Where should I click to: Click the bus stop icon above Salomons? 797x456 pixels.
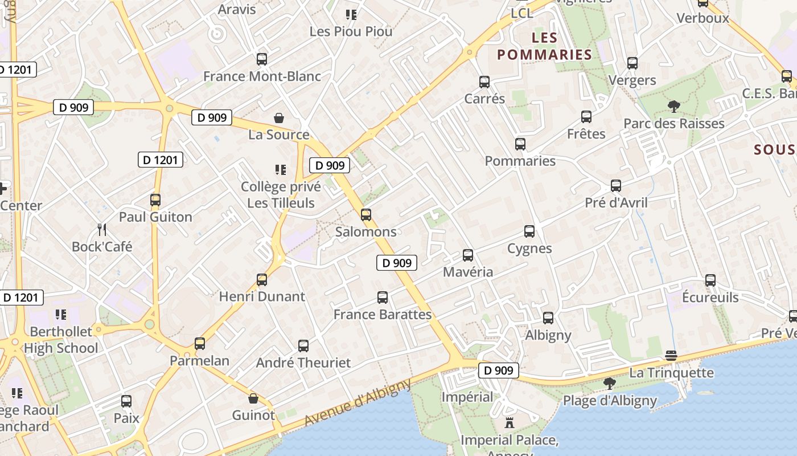point(366,215)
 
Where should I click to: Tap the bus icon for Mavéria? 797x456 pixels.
point(468,255)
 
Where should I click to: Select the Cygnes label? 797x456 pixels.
point(529,249)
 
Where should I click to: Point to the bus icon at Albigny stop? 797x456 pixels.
point(548,318)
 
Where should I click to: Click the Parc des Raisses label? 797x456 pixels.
point(674,124)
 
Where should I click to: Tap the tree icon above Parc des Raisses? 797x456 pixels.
point(674,106)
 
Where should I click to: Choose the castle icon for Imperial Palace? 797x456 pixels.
point(510,423)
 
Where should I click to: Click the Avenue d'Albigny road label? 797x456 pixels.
point(358,402)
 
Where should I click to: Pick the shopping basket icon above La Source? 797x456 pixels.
point(279,118)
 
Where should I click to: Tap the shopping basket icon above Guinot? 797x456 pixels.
point(253,398)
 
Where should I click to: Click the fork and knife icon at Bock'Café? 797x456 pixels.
point(102,230)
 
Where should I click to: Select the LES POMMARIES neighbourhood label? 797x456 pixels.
point(545,46)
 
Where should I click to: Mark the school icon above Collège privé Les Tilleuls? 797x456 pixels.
point(280,169)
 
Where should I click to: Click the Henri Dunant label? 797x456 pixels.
point(262,296)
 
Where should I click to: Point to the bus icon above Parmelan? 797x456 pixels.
point(200,344)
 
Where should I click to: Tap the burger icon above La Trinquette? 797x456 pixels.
point(671,356)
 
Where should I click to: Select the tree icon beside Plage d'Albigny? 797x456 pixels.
point(610,383)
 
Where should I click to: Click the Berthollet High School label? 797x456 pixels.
point(61,340)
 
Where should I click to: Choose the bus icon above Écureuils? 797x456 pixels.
point(710,280)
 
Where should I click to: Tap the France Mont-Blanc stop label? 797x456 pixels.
point(262,76)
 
